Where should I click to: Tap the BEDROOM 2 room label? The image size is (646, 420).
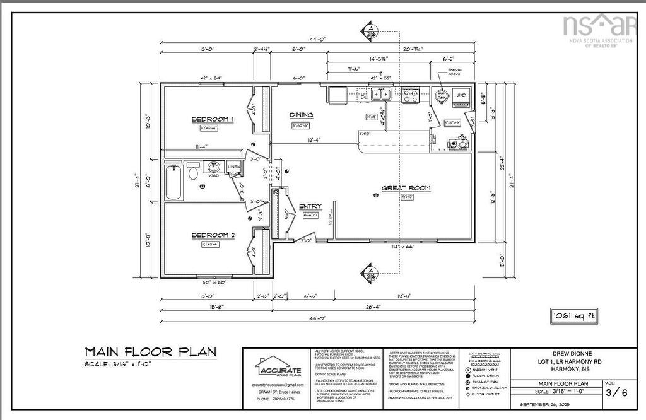(x=213, y=235)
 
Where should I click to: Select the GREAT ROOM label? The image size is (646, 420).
(x=406, y=188)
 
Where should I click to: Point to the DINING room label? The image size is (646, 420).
(x=301, y=115)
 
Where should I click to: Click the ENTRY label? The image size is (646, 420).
(x=310, y=206)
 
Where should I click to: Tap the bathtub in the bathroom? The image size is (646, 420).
(x=173, y=182)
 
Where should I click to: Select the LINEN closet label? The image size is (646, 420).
(x=233, y=167)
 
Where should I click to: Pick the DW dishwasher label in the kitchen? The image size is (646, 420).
(x=364, y=97)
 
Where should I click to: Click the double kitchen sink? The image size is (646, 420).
(x=380, y=95)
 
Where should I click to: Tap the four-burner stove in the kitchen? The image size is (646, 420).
(x=411, y=95)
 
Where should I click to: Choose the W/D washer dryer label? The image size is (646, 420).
(x=461, y=94)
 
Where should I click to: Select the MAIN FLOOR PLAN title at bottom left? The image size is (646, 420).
(x=150, y=351)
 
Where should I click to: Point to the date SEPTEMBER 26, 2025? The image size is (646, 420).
(x=546, y=404)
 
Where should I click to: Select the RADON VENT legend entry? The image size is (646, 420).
(x=485, y=370)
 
